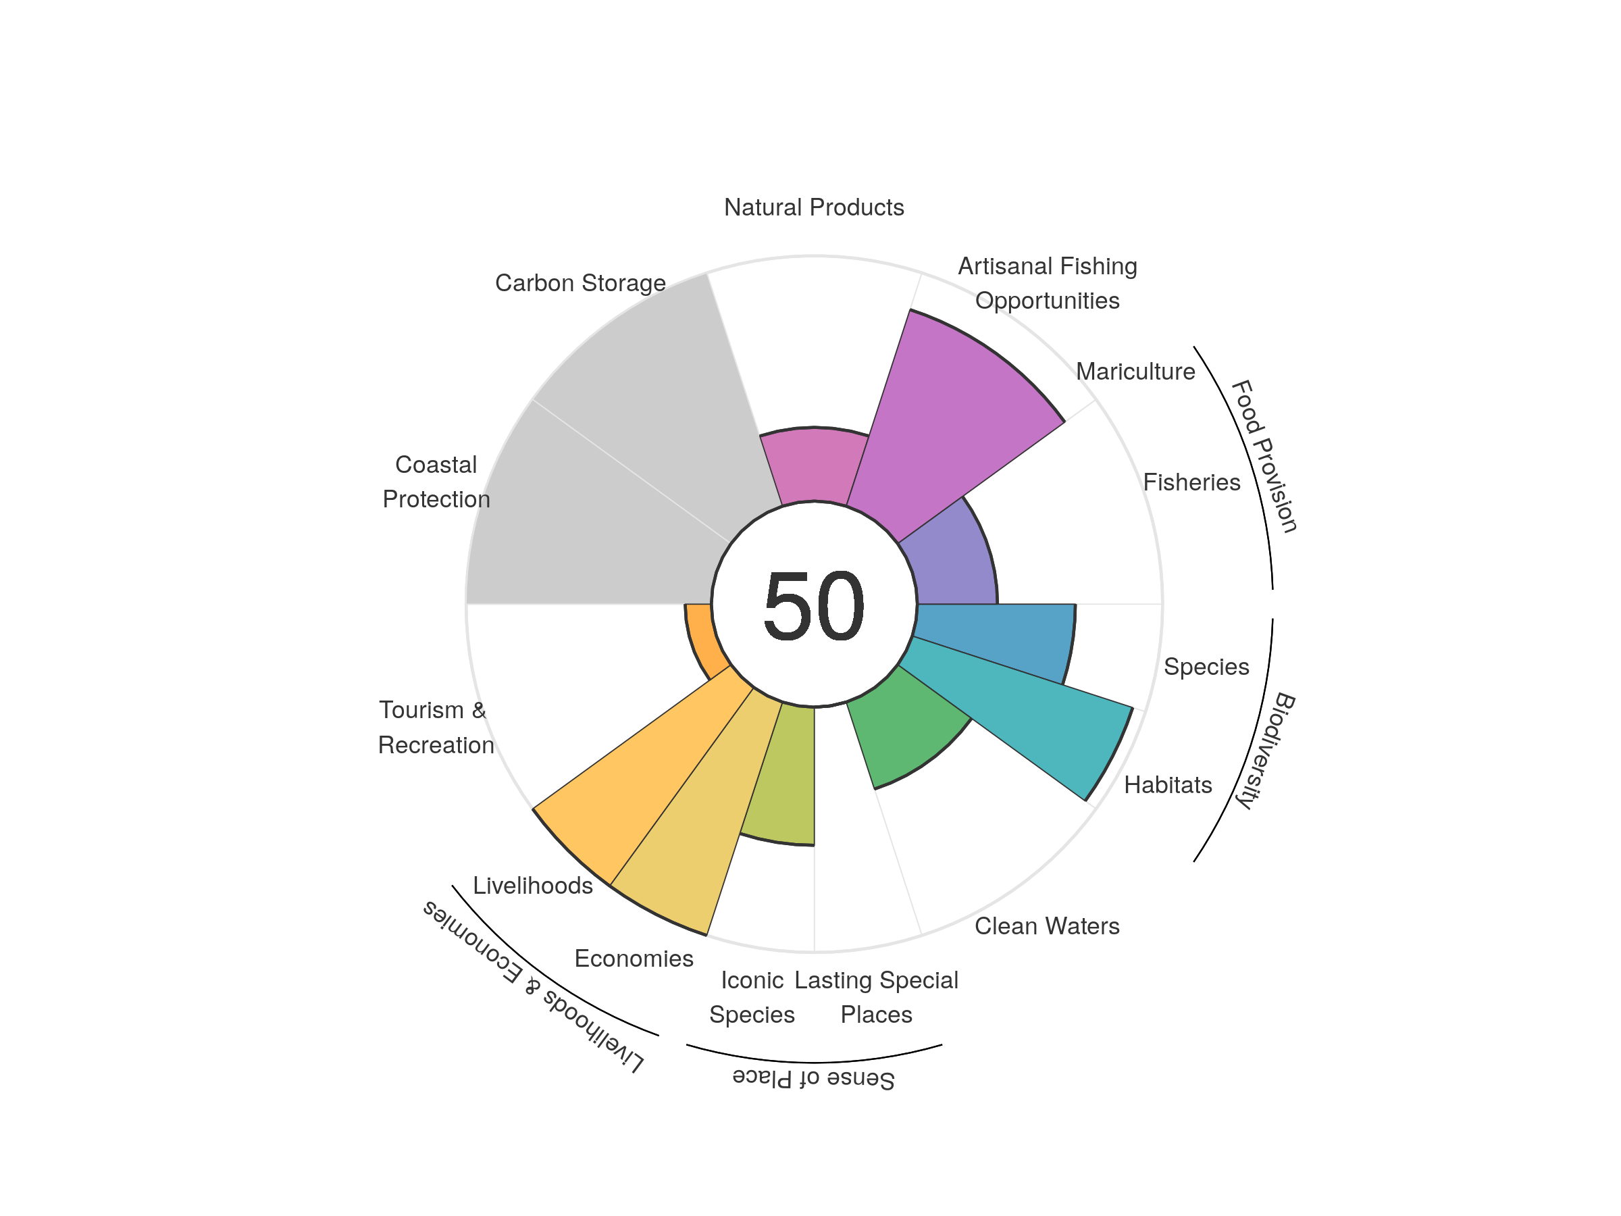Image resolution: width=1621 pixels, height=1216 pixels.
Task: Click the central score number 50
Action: click(x=813, y=605)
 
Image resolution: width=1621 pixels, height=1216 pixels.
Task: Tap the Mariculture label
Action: click(x=1135, y=372)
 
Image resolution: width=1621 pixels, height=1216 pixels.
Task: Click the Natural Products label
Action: click(x=813, y=207)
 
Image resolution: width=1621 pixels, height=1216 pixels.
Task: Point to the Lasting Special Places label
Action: click(x=877, y=997)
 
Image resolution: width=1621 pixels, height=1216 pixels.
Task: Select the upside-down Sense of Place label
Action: click(x=813, y=1078)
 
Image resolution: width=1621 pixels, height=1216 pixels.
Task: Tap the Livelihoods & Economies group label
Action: click(x=534, y=986)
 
